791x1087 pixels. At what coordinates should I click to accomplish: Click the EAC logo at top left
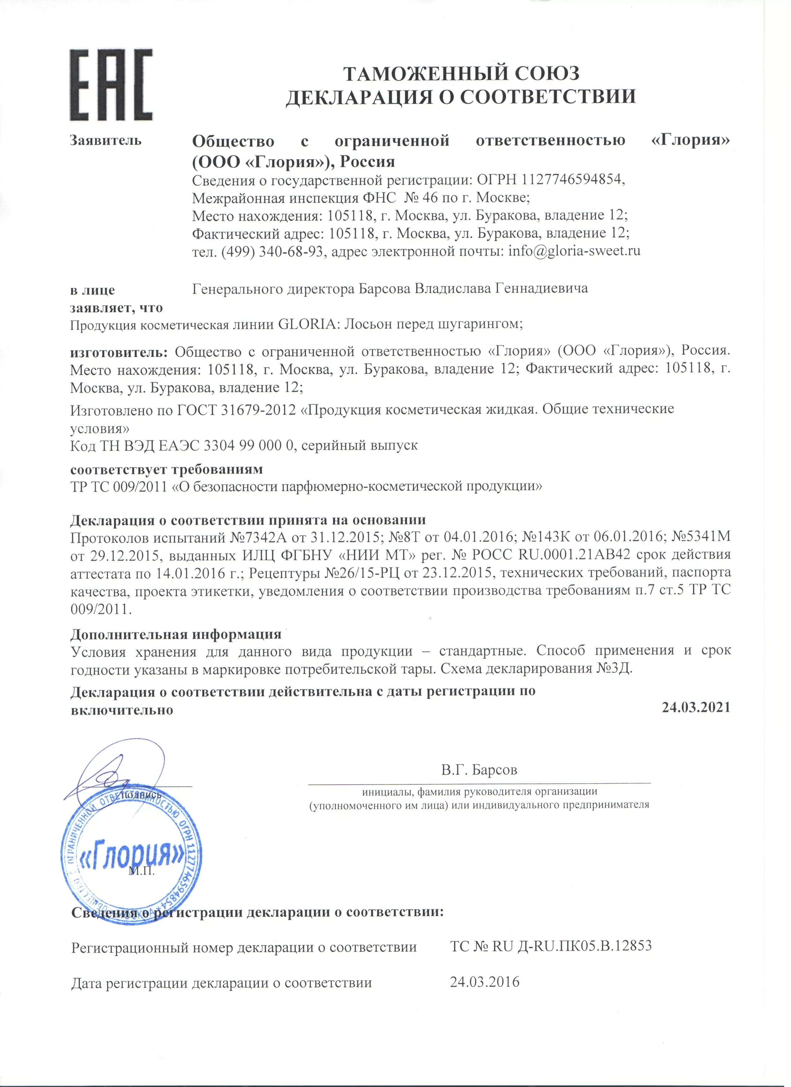111,85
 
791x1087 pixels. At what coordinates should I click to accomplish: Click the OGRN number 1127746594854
572,180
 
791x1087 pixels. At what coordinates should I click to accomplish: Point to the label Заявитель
106,140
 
